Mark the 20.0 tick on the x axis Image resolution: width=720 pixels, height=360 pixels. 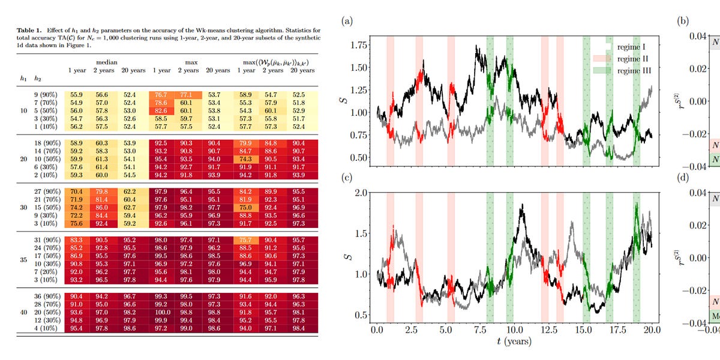[x=652, y=330]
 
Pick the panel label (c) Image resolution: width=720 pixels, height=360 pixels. [x=347, y=178]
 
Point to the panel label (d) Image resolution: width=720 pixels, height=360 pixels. [x=683, y=178]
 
